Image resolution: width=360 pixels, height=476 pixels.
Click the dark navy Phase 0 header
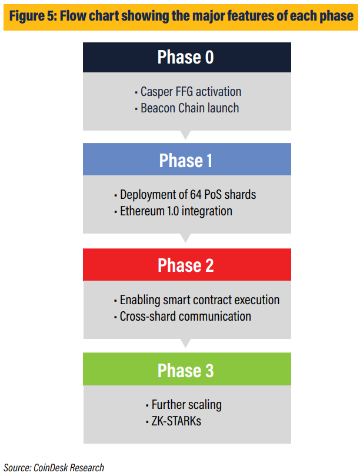(187, 58)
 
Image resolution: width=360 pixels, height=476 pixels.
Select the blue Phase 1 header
(187, 159)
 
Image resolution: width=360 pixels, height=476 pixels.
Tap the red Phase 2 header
(187, 265)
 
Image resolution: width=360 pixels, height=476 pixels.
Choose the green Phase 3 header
(187, 369)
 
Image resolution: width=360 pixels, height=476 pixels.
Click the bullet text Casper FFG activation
(188, 92)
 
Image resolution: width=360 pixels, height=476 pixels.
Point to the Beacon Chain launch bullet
(187, 108)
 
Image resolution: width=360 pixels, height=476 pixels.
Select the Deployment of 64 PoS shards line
(185, 195)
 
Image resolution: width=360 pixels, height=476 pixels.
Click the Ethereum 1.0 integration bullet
(174, 211)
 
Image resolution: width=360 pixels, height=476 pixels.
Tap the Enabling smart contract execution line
(196, 300)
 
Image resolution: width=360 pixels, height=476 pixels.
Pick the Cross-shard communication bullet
(182, 317)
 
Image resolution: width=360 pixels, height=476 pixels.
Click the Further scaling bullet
(184, 405)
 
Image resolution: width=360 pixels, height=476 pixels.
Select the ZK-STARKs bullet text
(174, 421)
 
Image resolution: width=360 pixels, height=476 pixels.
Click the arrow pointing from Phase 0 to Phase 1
(185, 135)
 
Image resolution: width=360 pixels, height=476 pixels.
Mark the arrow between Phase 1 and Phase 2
(185, 238)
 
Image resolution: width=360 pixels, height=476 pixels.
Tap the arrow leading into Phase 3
(185, 343)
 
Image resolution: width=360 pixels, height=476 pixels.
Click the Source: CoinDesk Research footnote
(54, 468)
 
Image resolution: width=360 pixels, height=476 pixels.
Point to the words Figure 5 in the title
(33, 16)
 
